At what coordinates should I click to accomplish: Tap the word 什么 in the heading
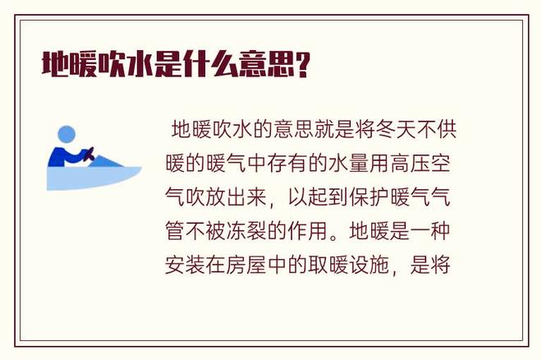click(210, 64)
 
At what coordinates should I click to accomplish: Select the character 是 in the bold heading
click(168, 64)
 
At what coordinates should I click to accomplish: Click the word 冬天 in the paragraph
click(396, 129)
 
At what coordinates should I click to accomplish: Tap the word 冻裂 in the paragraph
click(246, 231)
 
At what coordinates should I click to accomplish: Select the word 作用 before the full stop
click(308, 231)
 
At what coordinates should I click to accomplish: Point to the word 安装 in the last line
click(185, 265)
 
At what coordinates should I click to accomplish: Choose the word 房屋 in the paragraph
click(246, 265)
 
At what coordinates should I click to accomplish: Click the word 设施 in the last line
click(369, 265)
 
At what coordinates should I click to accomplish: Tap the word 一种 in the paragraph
click(430, 231)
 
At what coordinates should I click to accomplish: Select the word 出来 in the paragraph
click(246, 197)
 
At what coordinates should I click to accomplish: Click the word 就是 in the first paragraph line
click(334, 129)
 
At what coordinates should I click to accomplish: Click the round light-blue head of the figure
click(67, 134)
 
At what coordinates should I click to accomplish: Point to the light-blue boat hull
click(94, 178)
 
